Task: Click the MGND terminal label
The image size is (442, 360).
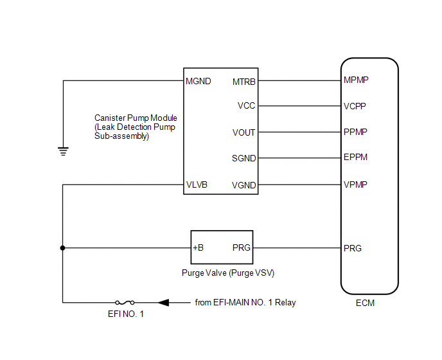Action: pos(198,82)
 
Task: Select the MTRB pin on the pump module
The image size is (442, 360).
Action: pos(244,82)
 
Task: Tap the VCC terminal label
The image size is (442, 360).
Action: pos(247,106)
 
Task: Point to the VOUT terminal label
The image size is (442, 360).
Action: pos(244,132)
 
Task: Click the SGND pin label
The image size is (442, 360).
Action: pos(244,158)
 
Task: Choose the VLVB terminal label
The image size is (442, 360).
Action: pos(197,185)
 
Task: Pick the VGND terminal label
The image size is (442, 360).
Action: pos(244,186)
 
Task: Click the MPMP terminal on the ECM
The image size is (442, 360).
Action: pos(357,80)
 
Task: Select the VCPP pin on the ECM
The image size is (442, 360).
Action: pos(356,106)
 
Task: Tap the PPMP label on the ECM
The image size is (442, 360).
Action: pos(356,132)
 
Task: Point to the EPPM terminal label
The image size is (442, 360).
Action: pos(356,157)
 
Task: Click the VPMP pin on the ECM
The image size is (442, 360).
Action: pos(356,185)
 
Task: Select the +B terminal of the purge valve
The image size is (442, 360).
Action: pos(198,248)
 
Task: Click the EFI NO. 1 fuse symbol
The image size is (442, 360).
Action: pos(125,302)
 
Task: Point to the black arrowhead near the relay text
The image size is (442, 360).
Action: pos(164,302)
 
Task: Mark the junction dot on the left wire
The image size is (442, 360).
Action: pos(62,248)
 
